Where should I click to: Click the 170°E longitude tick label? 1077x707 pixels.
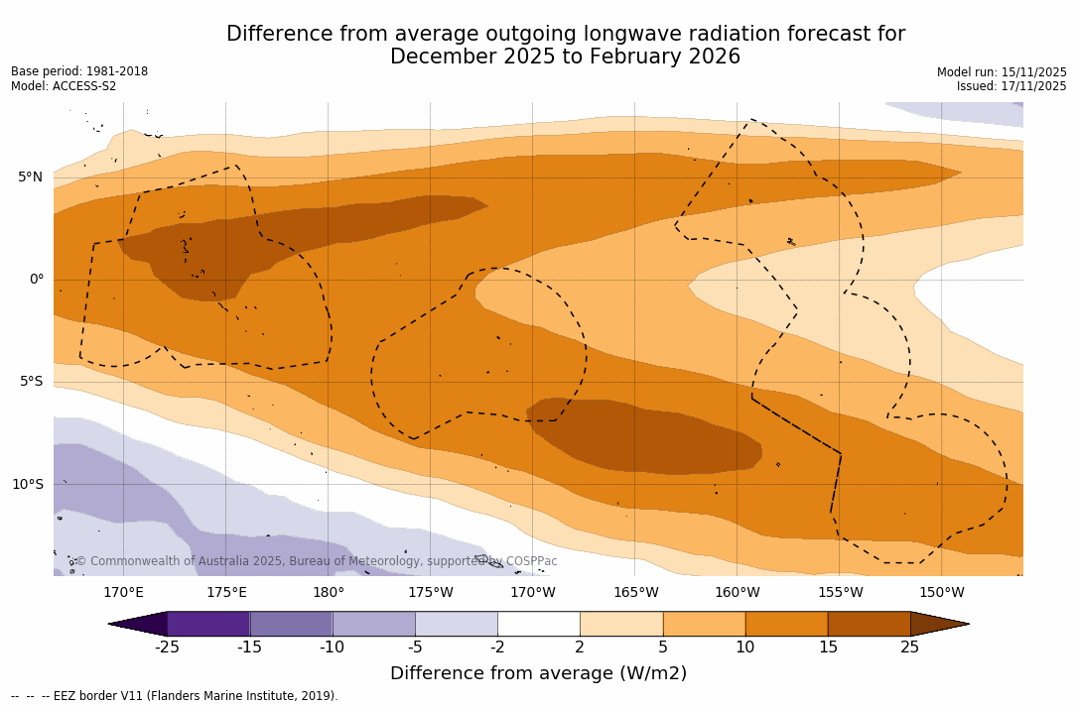pos(123,593)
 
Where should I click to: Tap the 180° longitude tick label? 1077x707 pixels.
pos(328,593)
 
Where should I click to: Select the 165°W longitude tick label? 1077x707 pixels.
pos(635,593)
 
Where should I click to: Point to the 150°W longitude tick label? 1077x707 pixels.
pos(941,593)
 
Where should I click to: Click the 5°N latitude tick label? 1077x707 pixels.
pos(30,177)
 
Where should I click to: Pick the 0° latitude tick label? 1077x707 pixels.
pos(36,280)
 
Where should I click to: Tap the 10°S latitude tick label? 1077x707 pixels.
pos(27,485)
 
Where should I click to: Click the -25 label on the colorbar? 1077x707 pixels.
pos(167,648)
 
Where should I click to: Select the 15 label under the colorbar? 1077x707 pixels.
pos(827,648)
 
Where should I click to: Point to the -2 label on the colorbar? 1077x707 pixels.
pos(496,648)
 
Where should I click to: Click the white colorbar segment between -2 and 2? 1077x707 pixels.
pos(538,624)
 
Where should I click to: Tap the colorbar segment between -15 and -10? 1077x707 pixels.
pos(291,624)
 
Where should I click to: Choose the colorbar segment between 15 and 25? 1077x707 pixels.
pos(869,624)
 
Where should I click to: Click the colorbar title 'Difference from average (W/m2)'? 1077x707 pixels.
pos(538,673)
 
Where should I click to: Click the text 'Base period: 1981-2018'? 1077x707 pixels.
pos(79,71)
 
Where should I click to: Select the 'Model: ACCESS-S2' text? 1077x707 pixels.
pos(64,86)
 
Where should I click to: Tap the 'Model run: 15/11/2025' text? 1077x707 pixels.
pos(1002,72)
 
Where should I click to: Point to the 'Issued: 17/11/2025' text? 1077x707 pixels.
pos(1011,86)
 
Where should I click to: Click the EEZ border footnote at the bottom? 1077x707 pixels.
pos(175,696)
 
